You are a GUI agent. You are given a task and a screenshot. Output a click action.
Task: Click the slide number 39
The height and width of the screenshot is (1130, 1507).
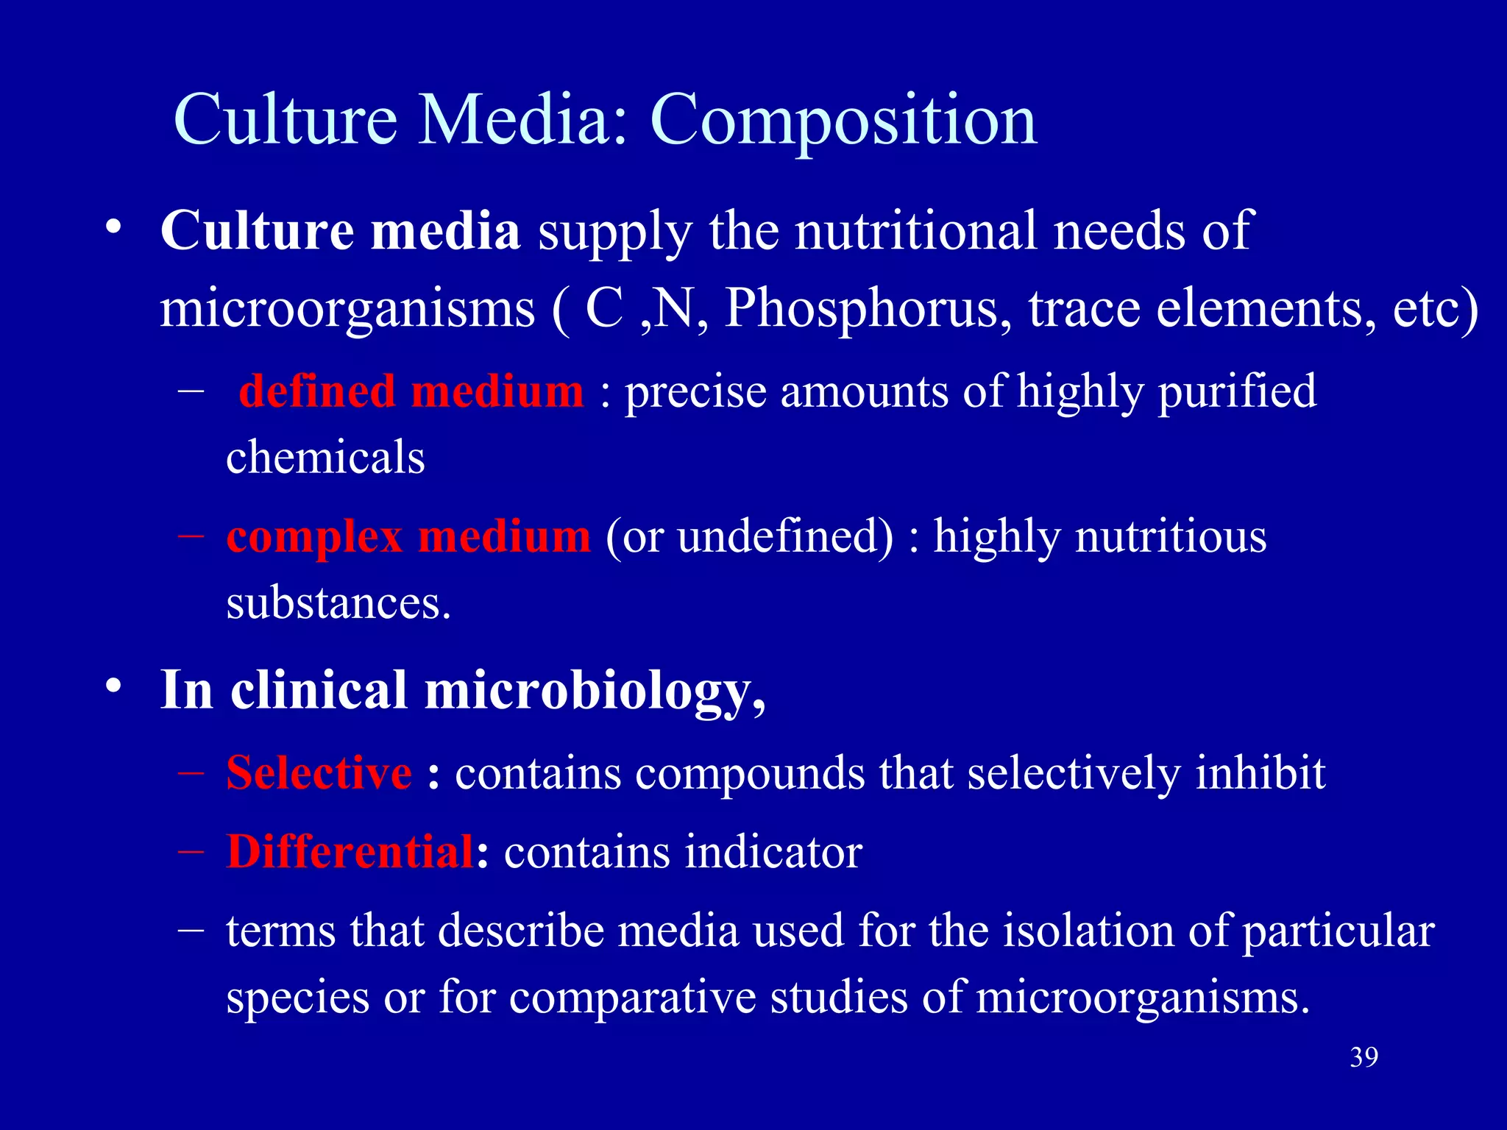tap(1364, 1057)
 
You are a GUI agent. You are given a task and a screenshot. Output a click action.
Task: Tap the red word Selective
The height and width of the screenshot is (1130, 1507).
tap(319, 773)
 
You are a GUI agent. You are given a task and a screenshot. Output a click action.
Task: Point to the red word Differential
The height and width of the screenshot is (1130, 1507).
tap(350, 852)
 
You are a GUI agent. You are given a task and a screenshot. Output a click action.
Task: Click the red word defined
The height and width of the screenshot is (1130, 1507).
tap(317, 391)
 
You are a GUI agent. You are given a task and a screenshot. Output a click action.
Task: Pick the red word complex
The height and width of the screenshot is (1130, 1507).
tap(314, 536)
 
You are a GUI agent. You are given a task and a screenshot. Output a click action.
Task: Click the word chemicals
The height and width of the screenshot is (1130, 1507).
tap(325, 458)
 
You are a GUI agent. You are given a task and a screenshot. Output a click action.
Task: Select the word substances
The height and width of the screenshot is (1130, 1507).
tap(337, 603)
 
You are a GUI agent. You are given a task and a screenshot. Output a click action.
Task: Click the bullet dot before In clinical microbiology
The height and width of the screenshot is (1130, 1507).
tap(113, 686)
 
